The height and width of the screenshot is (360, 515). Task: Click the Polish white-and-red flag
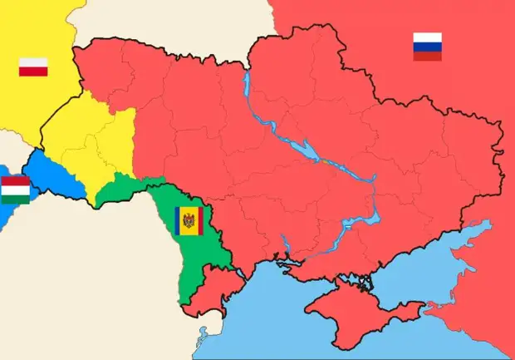[33, 67]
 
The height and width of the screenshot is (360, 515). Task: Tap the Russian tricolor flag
[427, 46]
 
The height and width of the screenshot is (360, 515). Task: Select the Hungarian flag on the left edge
[15, 190]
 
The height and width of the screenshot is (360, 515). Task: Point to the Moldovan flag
[189, 221]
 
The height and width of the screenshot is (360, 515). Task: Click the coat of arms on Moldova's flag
[189, 221]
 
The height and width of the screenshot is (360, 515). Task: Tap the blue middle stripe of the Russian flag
[427, 46]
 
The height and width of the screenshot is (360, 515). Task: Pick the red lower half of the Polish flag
[33, 72]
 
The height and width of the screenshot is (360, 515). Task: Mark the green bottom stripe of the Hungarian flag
[15, 199]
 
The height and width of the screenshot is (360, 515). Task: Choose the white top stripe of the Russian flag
[427, 37]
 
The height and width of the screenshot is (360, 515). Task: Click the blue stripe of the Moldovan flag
[179, 221]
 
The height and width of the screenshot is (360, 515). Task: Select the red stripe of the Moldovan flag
[198, 221]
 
